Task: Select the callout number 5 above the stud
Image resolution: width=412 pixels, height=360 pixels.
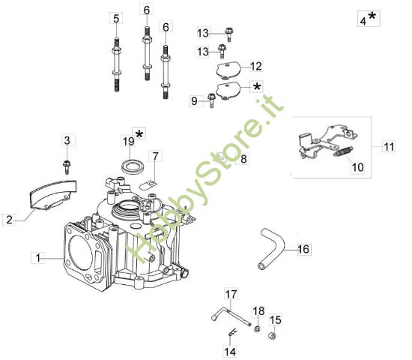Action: tap(116, 18)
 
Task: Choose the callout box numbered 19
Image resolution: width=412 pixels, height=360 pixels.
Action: tap(128, 140)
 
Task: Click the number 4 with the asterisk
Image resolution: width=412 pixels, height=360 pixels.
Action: tap(363, 21)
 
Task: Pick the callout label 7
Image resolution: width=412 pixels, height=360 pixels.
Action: tap(154, 157)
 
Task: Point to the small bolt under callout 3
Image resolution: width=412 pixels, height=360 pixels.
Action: tap(67, 163)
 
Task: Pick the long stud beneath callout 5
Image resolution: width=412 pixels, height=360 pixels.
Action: tap(117, 67)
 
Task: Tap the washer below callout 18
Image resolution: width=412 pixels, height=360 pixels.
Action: tap(257, 328)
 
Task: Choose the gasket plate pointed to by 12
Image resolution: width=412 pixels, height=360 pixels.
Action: tap(225, 70)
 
